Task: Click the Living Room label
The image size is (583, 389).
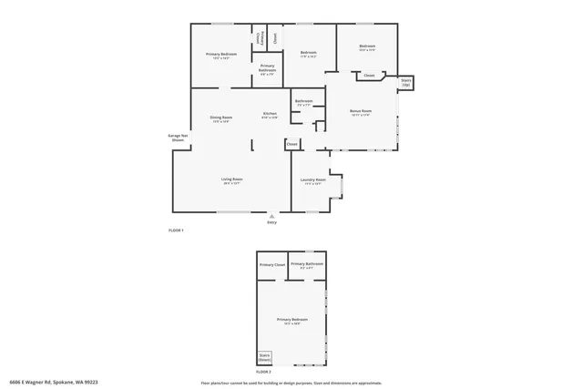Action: (x=231, y=180)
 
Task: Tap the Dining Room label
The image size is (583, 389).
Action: (x=221, y=119)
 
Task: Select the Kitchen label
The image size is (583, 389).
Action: (x=270, y=115)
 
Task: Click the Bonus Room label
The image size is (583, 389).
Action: (x=361, y=113)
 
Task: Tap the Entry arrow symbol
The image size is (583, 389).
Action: (x=271, y=215)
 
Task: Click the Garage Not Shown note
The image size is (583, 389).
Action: (x=178, y=138)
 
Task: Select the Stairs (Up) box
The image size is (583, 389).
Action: (x=406, y=82)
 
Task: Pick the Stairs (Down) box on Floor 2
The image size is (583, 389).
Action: (x=264, y=357)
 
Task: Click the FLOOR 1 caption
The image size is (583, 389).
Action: (x=176, y=230)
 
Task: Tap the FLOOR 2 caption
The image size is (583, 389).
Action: (x=263, y=372)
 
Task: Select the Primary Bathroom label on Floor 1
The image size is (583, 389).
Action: (x=268, y=68)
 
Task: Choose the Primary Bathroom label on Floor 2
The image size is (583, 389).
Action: (x=308, y=265)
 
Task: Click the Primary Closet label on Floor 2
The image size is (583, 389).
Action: (x=272, y=264)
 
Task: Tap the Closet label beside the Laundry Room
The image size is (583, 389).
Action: (x=292, y=144)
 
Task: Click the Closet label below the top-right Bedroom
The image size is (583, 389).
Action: (x=369, y=76)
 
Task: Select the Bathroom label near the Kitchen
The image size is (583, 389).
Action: (x=303, y=102)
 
